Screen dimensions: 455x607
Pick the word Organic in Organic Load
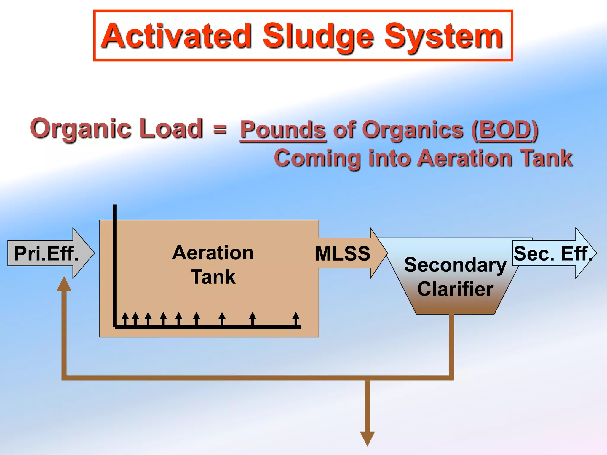tap(80, 129)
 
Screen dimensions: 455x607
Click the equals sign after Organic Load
tap(220, 129)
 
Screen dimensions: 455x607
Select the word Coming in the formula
tap(317, 158)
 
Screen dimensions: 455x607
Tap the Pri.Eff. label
tap(47, 254)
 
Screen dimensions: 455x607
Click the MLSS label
tap(343, 254)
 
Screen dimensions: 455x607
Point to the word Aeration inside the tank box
tap(213, 253)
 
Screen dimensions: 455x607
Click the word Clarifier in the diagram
tap(456, 289)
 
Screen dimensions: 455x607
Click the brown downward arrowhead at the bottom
tap(368, 438)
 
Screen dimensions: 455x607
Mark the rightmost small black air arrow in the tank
tap(296, 318)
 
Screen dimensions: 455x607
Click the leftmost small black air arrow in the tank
tap(125, 318)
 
